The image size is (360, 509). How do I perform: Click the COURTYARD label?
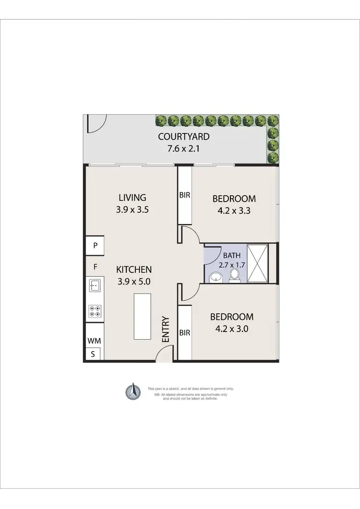click(x=183, y=137)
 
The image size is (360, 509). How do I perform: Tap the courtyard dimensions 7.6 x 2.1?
click(x=183, y=148)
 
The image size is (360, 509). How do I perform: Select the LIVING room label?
click(x=132, y=197)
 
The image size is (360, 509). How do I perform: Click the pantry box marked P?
click(x=96, y=246)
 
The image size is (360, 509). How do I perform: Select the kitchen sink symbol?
click(x=95, y=285)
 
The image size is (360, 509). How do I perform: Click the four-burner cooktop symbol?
click(x=95, y=311)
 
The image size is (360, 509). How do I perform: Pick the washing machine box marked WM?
click(x=94, y=341)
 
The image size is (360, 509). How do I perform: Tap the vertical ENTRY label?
click(x=166, y=329)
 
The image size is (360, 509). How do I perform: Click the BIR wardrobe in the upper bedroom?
click(x=185, y=196)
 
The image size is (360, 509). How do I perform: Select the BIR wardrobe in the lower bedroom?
click(x=185, y=332)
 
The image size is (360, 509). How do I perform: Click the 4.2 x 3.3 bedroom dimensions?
click(x=234, y=210)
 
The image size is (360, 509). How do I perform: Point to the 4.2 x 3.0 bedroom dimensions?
click(x=232, y=329)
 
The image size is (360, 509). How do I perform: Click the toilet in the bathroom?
click(x=234, y=275)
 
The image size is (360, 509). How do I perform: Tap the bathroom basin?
click(x=216, y=276)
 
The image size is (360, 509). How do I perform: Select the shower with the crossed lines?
click(x=257, y=263)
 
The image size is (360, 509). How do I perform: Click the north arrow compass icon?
click(x=132, y=392)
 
